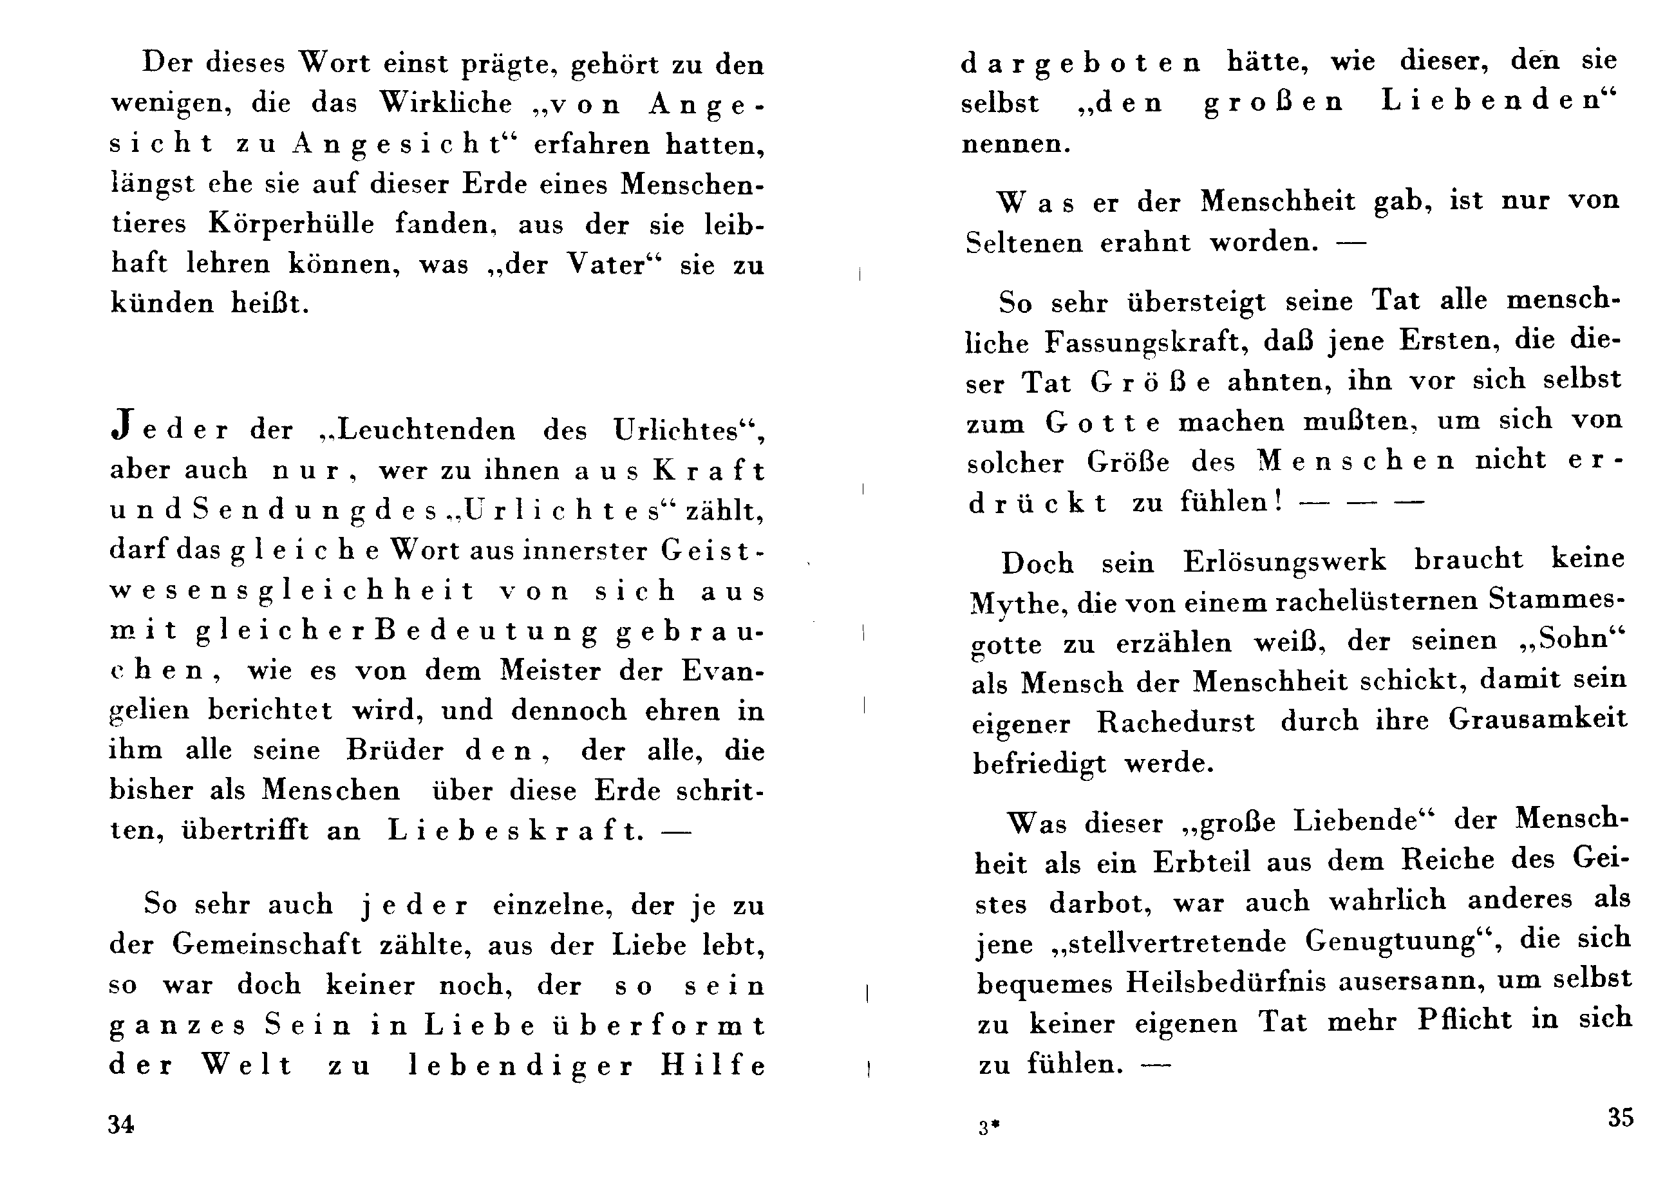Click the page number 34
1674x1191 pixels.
[x=121, y=1124]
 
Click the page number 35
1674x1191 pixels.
[x=1621, y=1117]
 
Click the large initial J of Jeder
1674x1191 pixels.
[x=122, y=427]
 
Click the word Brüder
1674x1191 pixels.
[x=395, y=749]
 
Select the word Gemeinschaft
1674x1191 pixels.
[x=267, y=944]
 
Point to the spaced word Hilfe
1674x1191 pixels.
[x=712, y=1065]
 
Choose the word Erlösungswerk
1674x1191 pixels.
[x=1284, y=561]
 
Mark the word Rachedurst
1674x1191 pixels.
[x=1176, y=722]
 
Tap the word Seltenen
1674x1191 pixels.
[x=1024, y=243]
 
